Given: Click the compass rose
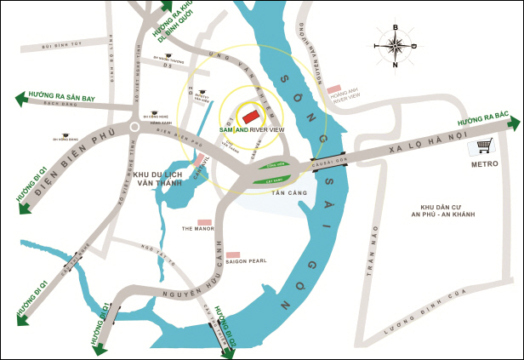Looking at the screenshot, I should click(x=395, y=46).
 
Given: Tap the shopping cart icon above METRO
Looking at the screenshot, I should click(x=485, y=147).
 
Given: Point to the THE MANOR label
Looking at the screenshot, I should click(x=198, y=228).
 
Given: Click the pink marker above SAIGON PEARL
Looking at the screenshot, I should click(x=232, y=254).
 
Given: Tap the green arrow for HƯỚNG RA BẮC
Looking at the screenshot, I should click(x=511, y=123).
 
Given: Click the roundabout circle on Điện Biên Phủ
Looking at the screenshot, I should click(x=134, y=128).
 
